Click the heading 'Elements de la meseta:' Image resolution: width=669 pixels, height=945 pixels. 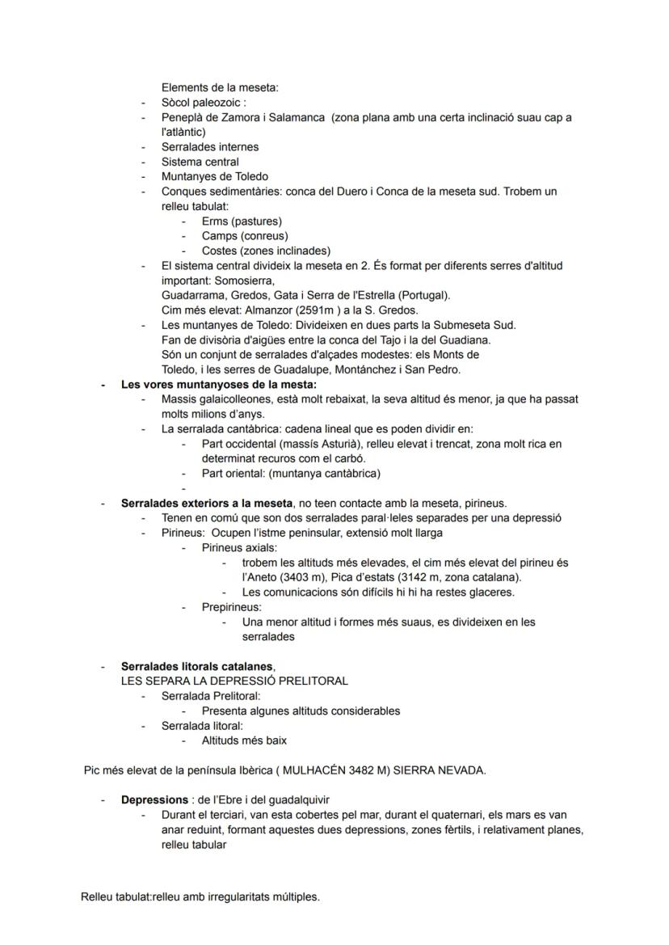tap(220, 88)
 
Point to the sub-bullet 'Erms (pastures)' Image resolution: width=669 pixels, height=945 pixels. tap(242, 221)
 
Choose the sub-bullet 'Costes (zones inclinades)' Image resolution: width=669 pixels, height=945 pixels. tap(266, 251)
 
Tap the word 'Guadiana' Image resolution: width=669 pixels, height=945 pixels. tap(467, 340)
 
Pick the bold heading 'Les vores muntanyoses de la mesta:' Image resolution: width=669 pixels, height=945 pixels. tap(219, 384)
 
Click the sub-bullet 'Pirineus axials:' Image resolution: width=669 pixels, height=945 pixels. tap(239, 547)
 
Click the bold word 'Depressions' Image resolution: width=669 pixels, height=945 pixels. tap(154, 800)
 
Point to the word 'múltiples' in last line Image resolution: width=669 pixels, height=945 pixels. tap(295, 896)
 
